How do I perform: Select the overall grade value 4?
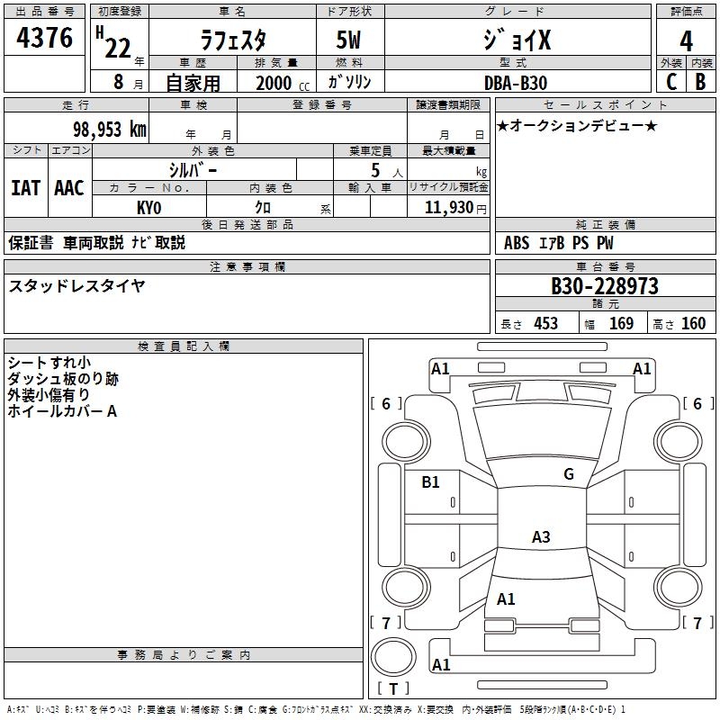[686, 40]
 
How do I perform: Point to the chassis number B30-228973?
[604, 286]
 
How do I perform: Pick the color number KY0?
[148, 206]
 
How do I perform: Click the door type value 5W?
[349, 42]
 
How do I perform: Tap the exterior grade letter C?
[670, 81]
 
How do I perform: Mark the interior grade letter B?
[700, 81]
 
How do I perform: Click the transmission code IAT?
[25, 187]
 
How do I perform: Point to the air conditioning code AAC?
[69, 187]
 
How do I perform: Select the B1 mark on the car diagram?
[431, 482]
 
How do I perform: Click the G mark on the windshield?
[569, 474]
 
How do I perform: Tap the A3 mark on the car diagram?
[540, 537]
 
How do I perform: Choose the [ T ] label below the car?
[392, 688]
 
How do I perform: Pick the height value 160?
[693, 323]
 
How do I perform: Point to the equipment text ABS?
[517, 242]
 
